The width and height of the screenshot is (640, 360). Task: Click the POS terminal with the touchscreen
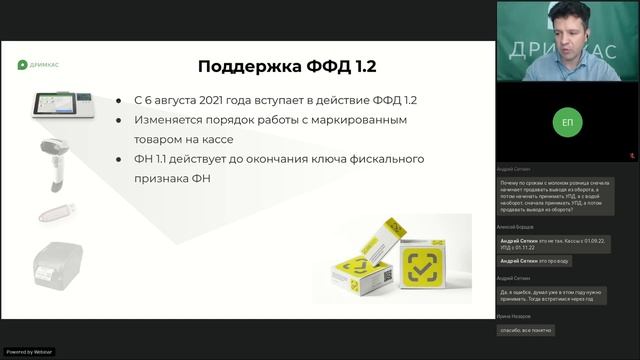[57, 107]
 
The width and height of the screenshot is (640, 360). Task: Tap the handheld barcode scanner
[55, 159]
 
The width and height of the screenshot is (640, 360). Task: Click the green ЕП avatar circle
[567, 122]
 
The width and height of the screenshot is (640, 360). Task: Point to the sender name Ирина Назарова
[517, 315]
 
